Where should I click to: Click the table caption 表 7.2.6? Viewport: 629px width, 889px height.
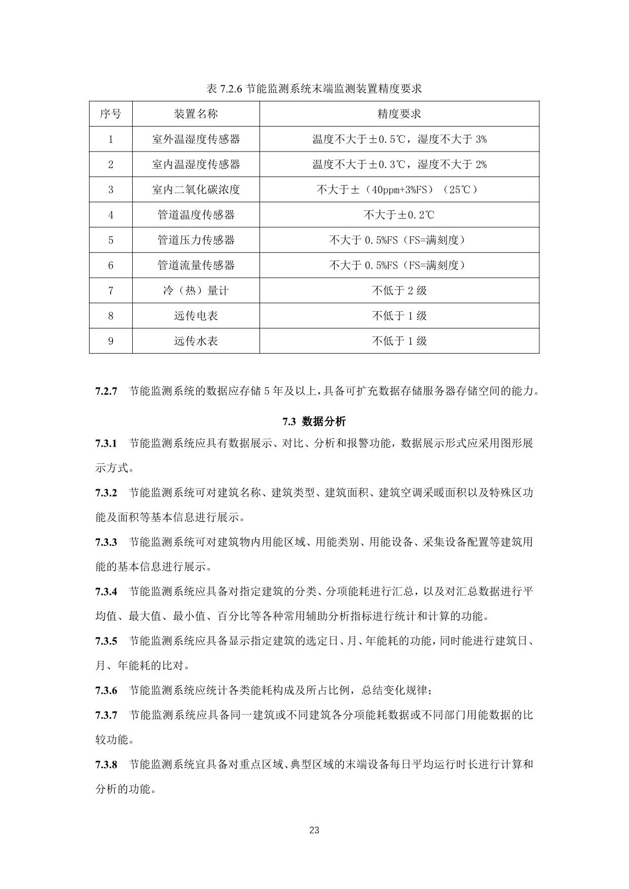tap(314, 89)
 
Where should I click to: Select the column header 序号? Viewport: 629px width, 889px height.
tap(110, 114)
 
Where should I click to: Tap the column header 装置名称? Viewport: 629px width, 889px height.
tap(196, 114)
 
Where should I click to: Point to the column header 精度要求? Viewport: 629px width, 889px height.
tap(399, 114)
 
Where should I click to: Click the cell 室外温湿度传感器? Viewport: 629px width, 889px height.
tap(196, 139)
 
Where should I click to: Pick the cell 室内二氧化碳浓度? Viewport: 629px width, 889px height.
tap(196, 190)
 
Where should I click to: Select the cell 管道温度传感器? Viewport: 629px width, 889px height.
tap(196, 215)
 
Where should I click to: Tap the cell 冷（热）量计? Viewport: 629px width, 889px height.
tap(196, 290)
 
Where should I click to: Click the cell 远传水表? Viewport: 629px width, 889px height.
tap(196, 341)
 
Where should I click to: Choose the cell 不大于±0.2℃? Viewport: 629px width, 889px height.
tap(399, 215)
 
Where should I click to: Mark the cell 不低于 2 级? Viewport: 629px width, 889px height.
tap(399, 290)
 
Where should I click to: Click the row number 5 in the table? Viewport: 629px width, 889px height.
tap(110, 240)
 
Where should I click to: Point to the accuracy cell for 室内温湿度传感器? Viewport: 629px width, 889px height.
tap(399, 164)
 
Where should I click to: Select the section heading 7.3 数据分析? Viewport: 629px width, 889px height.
tap(314, 421)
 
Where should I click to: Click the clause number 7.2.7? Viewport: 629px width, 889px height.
tap(106, 391)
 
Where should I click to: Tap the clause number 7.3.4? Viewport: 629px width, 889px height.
tap(106, 591)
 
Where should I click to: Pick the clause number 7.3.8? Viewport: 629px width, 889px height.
tap(106, 764)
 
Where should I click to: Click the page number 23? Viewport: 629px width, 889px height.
tap(314, 830)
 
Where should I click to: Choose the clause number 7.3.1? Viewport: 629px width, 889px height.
tap(106, 443)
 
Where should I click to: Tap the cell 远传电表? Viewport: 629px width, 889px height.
tap(196, 316)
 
